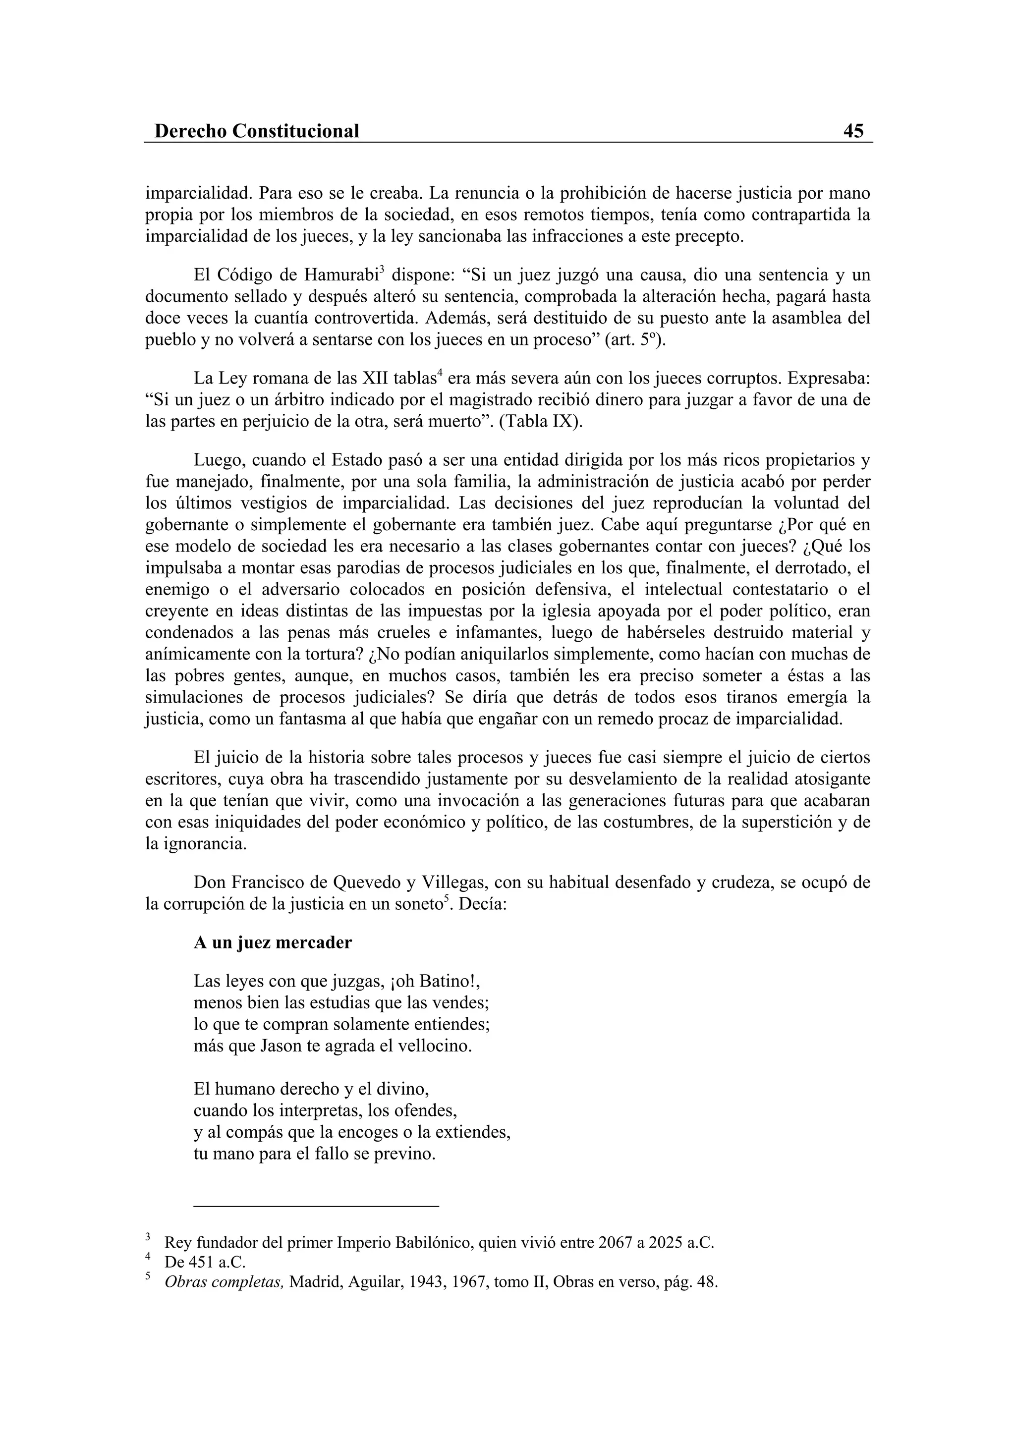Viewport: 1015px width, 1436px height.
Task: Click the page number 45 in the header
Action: click(x=853, y=131)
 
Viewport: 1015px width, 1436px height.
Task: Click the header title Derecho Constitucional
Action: click(x=256, y=131)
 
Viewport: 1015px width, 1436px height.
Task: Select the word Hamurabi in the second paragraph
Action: click(x=341, y=275)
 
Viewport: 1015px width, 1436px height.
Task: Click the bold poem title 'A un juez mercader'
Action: click(x=273, y=942)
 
